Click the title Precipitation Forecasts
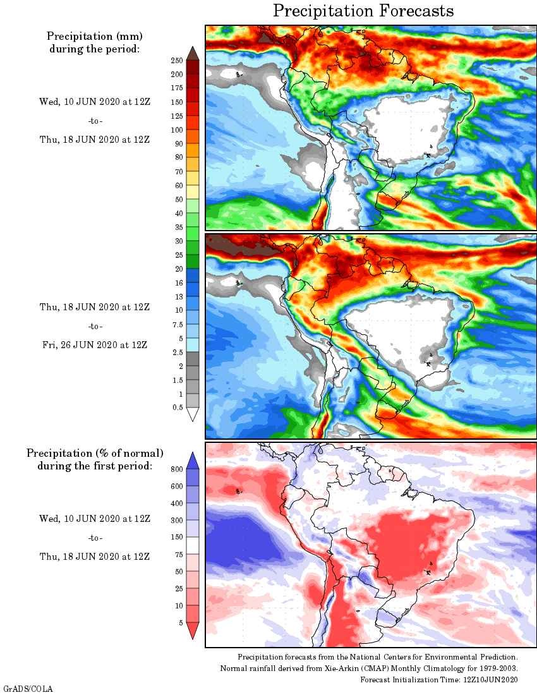pyautogui.click(x=363, y=11)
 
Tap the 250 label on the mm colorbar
pyautogui.click(x=176, y=61)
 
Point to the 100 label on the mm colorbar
pyautogui.click(x=176, y=130)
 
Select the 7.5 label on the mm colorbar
pyautogui.click(x=176, y=324)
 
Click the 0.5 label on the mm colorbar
pyautogui.click(x=178, y=408)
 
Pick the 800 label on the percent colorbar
pyautogui.click(x=176, y=469)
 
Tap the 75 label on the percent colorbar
pyautogui.click(x=179, y=555)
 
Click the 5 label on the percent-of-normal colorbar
pyautogui.click(x=181, y=623)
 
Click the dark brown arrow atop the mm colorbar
pyautogui.click(x=193, y=53)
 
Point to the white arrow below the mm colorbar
pyautogui.click(x=193, y=414)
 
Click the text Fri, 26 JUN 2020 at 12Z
pyautogui.click(x=94, y=345)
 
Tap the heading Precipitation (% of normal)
pyautogui.click(x=95, y=453)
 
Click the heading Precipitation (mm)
pyautogui.click(x=94, y=36)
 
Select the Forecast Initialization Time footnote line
pyautogui.click(x=439, y=680)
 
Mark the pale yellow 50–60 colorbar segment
pyautogui.click(x=193, y=192)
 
